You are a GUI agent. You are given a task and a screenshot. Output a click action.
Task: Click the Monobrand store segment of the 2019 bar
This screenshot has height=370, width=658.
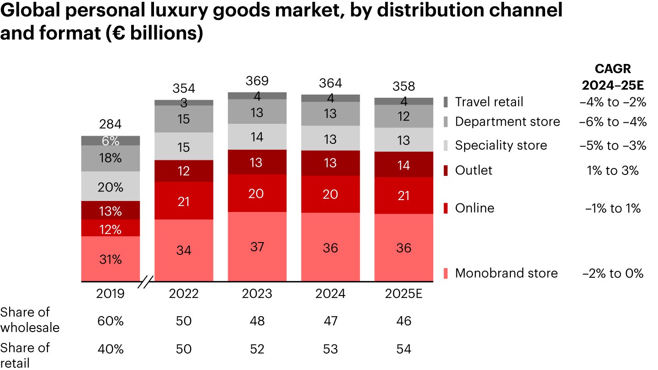click(x=111, y=259)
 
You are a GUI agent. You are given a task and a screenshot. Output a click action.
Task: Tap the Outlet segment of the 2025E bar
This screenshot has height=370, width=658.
click(x=403, y=164)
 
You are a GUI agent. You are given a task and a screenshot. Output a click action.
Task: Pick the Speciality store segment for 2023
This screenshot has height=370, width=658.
click(x=257, y=137)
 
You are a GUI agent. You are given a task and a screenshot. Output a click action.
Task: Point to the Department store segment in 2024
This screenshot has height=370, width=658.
click(x=330, y=114)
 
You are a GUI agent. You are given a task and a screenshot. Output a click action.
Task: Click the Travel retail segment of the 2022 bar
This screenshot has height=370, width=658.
click(x=184, y=103)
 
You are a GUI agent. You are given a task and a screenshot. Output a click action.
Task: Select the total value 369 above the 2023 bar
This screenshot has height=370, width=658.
click(x=257, y=81)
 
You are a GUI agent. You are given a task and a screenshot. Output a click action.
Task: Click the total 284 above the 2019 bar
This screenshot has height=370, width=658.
click(x=111, y=125)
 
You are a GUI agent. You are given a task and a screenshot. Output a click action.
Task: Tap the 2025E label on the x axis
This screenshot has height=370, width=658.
click(x=403, y=293)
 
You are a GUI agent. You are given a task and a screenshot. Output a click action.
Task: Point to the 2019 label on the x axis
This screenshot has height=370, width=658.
click(x=111, y=293)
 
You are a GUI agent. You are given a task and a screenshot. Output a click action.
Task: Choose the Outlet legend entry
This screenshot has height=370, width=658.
click(x=473, y=170)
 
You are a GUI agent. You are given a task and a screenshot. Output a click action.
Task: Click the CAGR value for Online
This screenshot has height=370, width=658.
click(x=613, y=208)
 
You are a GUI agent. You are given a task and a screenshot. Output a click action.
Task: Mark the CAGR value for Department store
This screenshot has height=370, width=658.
click(x=613, y=122)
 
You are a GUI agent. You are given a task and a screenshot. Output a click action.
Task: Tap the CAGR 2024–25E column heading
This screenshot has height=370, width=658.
click(x=613, y=76)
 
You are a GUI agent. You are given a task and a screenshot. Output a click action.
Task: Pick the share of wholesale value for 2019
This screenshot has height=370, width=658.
click(x=111, y=321)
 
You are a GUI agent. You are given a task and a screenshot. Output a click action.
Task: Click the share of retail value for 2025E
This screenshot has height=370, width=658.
click(x=403, y=349)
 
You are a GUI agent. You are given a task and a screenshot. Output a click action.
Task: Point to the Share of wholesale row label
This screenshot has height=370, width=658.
click(x=30, y=320)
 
